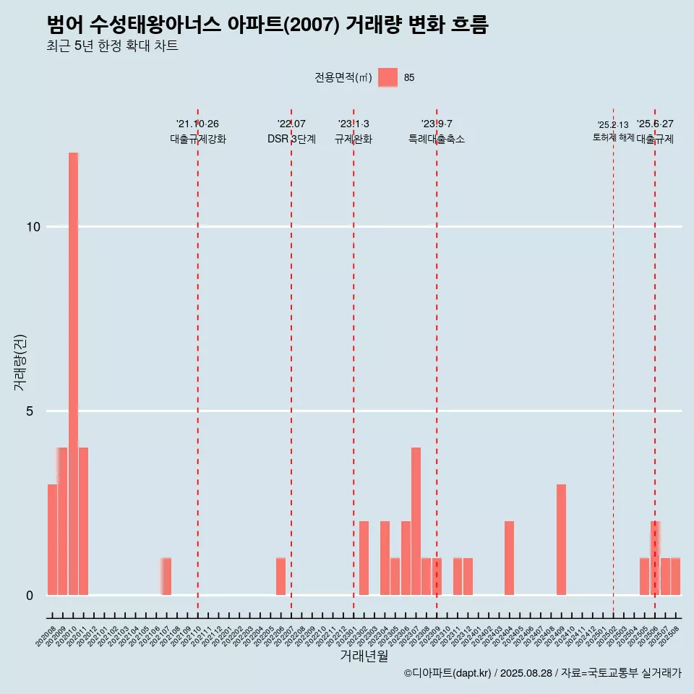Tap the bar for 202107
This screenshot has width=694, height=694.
(166, 576)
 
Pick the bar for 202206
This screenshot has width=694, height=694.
(280, 576)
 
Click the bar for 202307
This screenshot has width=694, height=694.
(416, 521)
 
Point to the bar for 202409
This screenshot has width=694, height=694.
(561, 539)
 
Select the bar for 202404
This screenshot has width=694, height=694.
(509, 558)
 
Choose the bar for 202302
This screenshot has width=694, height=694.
(364, 558)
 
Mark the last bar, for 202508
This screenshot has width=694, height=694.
(675, 576)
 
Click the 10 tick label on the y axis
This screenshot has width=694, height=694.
(33, 227)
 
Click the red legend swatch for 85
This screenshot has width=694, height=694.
(387, 77)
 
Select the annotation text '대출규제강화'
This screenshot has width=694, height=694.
(198, 139)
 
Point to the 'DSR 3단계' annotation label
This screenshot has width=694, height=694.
(291, 139)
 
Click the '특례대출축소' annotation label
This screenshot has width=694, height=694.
(437, 139)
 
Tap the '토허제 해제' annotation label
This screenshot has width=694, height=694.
(613, 137)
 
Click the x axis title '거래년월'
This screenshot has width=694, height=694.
(364, 656)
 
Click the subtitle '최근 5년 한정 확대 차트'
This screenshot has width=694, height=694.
(112, 46)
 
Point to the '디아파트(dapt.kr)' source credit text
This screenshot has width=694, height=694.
(447, 673)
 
